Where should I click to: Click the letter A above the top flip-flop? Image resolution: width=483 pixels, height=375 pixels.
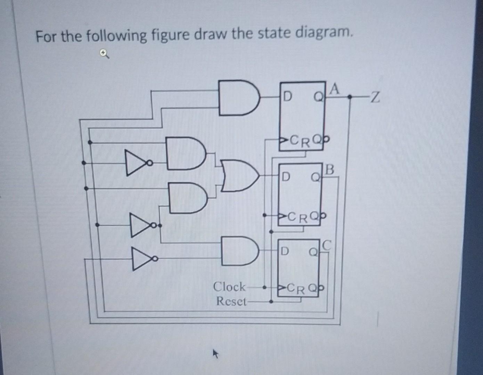coord(334,89)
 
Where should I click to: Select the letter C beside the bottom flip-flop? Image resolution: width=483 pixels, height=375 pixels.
coord(326,246)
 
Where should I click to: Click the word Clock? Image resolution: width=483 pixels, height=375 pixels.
coord(229,287)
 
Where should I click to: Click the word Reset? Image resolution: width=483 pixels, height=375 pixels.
coord(230,301)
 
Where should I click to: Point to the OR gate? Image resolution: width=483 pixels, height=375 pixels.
coord(240,176)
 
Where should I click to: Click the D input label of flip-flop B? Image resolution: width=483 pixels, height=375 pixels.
coord(285,177)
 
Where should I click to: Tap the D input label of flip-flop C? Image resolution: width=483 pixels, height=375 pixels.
coord(284,251)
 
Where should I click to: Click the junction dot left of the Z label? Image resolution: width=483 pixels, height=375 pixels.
coord(351,97)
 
